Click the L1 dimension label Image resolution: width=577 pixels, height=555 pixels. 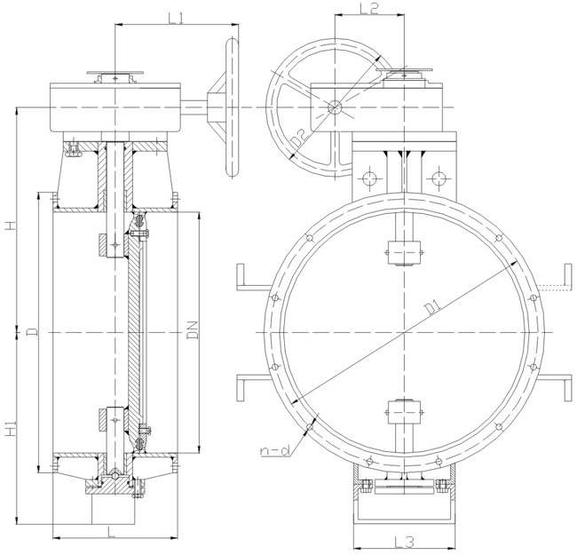[175, 18]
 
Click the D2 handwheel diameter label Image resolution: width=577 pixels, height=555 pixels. [298, 138]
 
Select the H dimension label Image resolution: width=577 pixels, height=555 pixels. [10, 226]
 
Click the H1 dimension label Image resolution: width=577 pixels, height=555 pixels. [10, 431]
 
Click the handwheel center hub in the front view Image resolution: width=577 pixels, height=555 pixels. [334, 107]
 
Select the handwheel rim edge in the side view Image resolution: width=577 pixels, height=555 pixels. [233, 107]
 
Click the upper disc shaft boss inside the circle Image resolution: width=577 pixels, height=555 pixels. [405, 253]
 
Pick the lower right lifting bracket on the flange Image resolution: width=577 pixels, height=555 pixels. [557, 387]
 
